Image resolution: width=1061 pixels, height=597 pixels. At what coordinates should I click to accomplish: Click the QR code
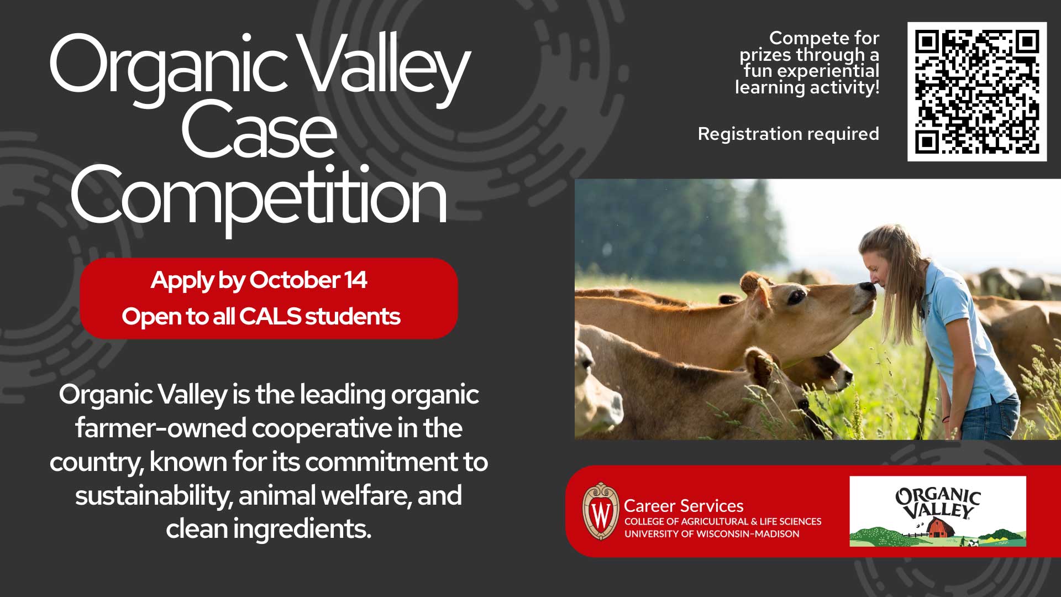click(977, 92)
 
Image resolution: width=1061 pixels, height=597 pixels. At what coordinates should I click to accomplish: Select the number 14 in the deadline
click(355, 280)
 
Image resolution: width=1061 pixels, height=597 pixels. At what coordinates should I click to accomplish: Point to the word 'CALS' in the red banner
click(270, 316)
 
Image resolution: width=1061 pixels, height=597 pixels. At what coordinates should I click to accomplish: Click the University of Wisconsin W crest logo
click(601, 511)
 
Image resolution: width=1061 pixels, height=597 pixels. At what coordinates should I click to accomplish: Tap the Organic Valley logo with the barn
click(938, 511)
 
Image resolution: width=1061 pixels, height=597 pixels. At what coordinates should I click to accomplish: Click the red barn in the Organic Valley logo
click(939, 528)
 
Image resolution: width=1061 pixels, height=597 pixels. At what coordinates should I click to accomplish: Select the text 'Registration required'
click(788, 134)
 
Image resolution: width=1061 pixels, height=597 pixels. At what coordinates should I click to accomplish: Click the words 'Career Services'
click(684, 506)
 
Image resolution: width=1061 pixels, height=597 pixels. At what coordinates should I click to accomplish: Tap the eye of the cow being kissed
click(796, 297)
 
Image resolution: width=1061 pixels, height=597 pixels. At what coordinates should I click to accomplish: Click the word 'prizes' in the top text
click(766, 55)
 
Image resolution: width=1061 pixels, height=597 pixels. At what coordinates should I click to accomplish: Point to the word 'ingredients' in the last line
click(301, 529)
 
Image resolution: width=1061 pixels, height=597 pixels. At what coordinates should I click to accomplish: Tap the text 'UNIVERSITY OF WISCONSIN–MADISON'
click(712, 534)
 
